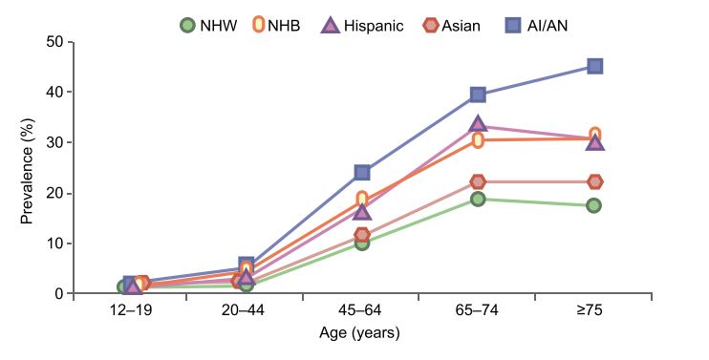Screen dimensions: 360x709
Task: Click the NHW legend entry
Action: coord(207,25)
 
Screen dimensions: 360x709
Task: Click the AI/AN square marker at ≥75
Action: coord(594,66)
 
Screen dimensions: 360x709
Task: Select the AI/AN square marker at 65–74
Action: coord(478,94)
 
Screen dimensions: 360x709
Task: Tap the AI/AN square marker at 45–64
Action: coord(362,172)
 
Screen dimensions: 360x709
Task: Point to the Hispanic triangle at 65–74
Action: coord(478,124)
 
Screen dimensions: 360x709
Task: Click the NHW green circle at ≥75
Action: coord(594,205)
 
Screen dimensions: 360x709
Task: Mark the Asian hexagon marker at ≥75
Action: coord(594,181)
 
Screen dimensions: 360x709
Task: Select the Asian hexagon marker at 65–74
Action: coord(478,181)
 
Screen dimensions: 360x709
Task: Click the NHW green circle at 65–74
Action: coord(478,199)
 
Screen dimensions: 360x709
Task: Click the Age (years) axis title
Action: coord(359,333)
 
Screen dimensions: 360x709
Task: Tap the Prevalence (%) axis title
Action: coord(27,168)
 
